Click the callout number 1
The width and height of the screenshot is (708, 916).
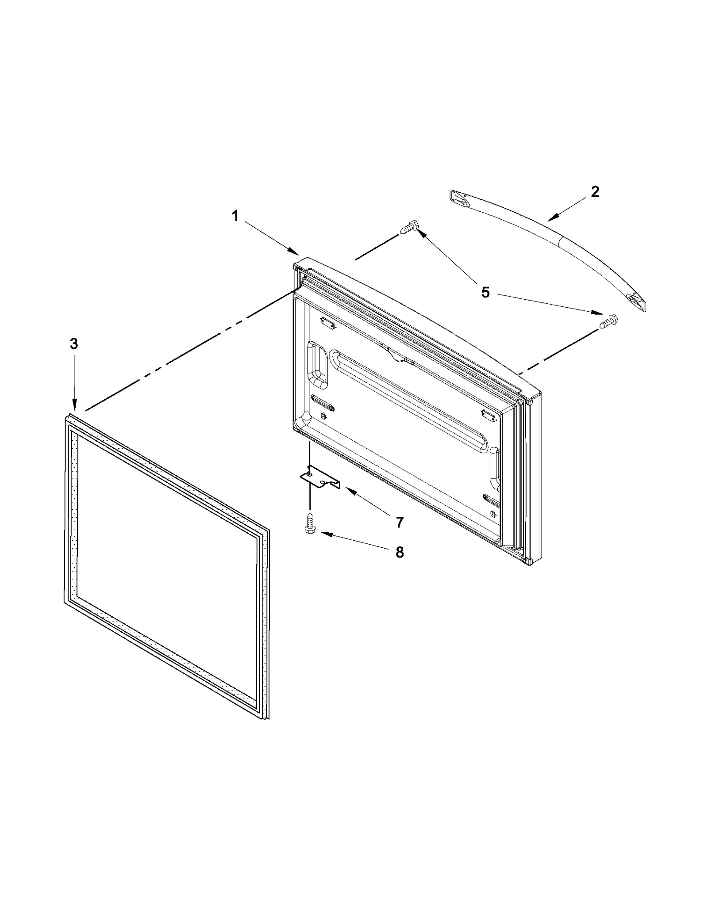click(235, 216)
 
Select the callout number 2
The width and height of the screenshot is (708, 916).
click(595, 191)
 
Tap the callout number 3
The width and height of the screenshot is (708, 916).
click(74, 343)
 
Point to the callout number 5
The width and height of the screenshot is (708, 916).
click(485, 292)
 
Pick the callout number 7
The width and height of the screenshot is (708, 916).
click(400, 523)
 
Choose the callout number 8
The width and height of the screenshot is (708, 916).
click(400, 552)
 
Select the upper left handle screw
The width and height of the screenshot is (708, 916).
click(409, 228)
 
